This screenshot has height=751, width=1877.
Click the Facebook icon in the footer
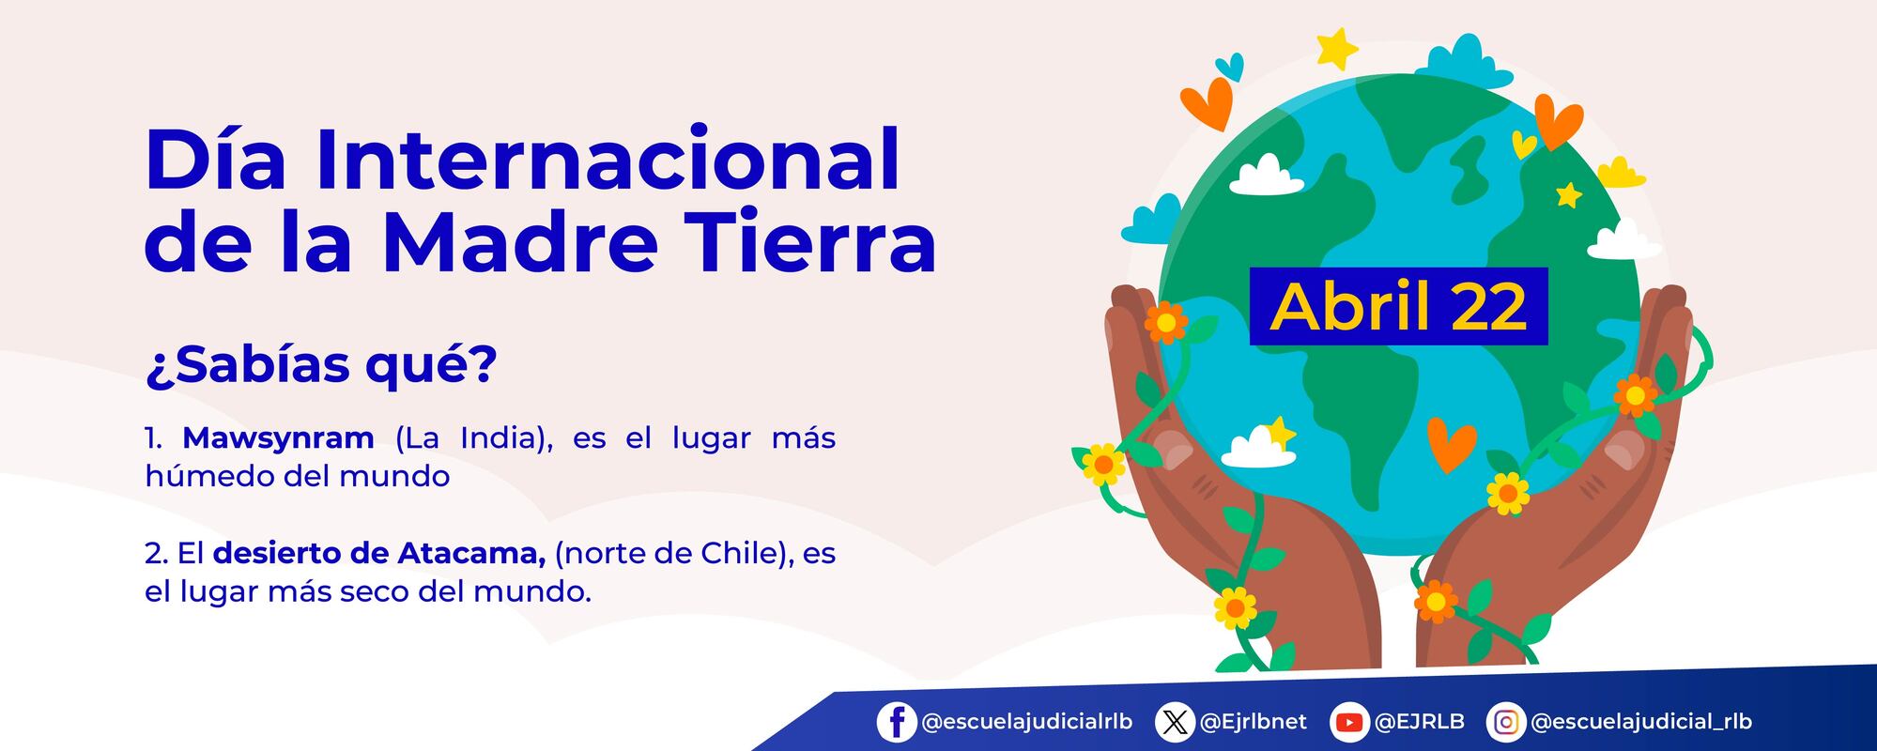897,722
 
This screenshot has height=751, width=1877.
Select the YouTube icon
1349,722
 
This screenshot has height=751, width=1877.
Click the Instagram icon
1506,722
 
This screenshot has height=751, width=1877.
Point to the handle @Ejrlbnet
1254,722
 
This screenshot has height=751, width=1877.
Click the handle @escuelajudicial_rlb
1641,722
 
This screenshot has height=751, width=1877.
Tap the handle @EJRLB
1419,722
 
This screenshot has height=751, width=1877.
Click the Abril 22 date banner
1398,307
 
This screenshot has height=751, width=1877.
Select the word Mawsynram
278,437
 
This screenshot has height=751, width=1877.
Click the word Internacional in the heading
607,160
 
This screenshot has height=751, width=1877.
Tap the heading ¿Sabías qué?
320,364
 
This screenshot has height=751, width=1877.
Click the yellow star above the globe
1337,48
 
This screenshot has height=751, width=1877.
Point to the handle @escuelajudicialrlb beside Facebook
1027,722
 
